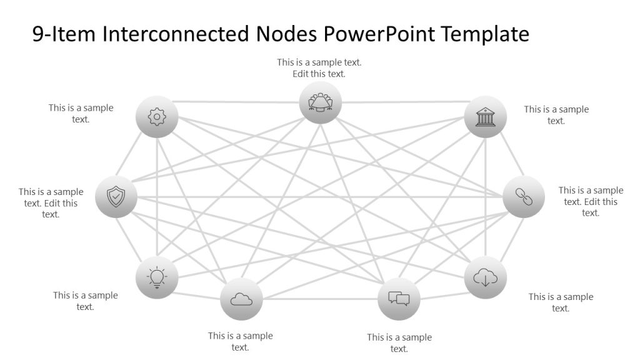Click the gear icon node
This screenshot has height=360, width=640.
tap(157, 116)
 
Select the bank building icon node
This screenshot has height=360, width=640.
tap(485, 116)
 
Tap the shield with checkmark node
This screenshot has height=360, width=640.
tap(116, 197)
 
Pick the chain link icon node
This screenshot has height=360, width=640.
tap(523, 197)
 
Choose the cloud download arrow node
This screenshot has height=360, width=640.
tap(485, 277)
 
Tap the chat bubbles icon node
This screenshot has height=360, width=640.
tap(399, 299)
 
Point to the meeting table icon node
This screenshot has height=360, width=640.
tap(320, 102)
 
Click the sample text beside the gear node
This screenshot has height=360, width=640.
tap(81, 113)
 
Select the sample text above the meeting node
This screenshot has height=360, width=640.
tap(319, 68)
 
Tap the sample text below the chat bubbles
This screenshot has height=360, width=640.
tap(399, 343)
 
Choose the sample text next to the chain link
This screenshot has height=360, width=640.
tap(591, 201)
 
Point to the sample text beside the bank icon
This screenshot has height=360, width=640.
tap(556, 115)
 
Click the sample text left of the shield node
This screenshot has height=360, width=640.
tap(51, 203)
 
